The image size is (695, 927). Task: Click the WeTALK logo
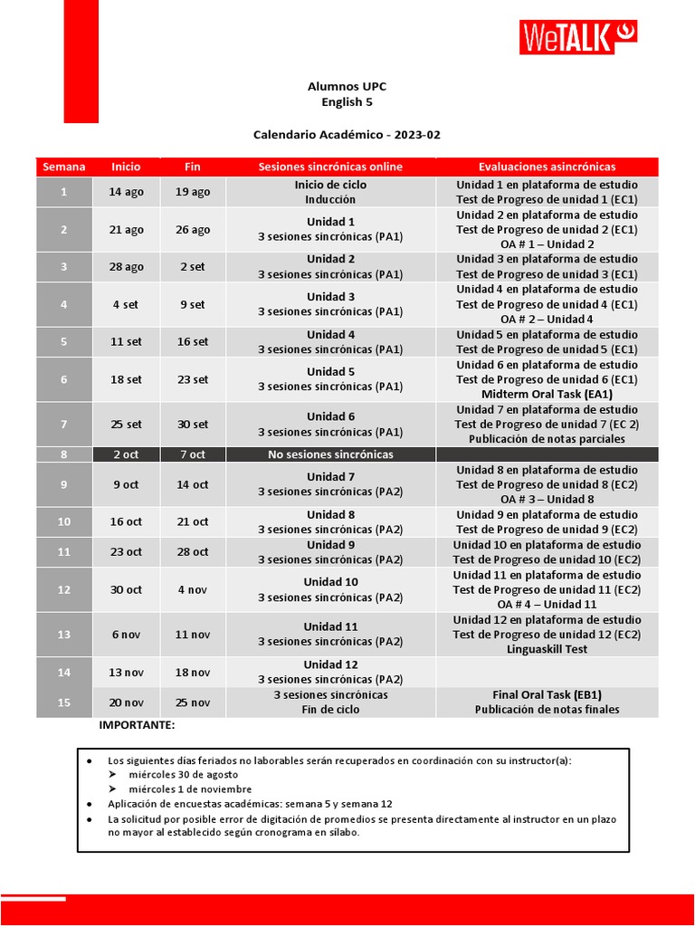coord(578,38)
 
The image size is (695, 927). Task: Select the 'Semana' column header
coord(64,167)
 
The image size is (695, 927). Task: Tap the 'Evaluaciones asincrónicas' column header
coord(547,167)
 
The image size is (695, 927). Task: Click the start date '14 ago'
coord(127,192)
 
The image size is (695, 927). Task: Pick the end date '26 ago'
coord(193,230)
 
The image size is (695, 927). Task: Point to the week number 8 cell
coord(64,454)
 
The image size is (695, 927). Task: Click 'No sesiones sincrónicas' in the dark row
coord(330,454)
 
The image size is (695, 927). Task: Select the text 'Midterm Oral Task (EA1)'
coord(547,395)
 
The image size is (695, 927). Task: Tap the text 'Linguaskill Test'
coord(547,649)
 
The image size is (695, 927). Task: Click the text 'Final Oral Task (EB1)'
coord(547,694)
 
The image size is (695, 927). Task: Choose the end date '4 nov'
coord(193,589)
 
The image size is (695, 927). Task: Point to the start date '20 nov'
coord(127,702)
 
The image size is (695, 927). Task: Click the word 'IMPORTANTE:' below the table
coord(137,725)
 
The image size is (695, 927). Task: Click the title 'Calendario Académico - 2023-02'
coord(347,135)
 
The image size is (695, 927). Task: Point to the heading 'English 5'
coord(347,102)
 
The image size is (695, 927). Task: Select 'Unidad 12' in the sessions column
coord(330,664)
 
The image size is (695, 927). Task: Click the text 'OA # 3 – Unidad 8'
coord(547,499)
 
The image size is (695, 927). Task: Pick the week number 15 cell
coord(64,702)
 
